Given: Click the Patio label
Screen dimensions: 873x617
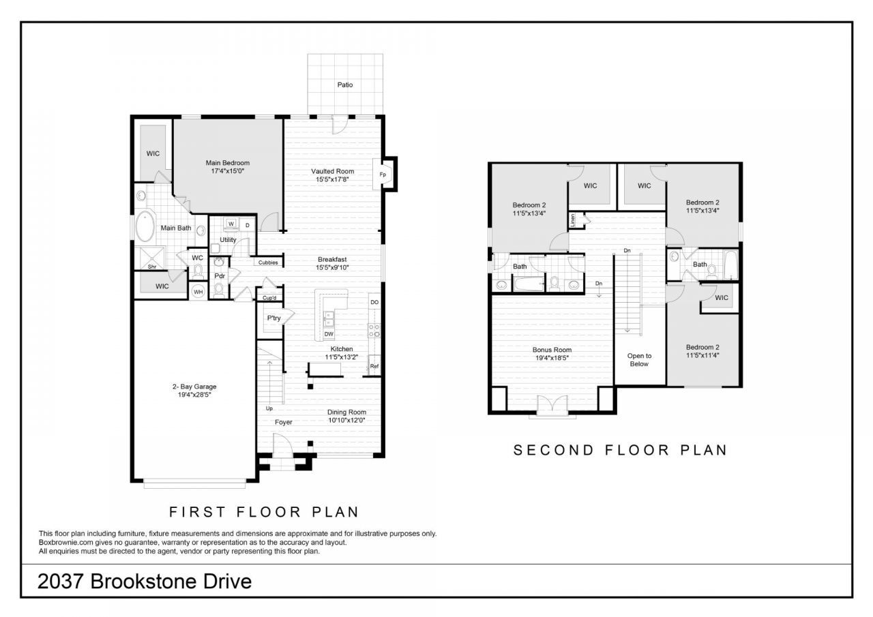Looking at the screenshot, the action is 345,85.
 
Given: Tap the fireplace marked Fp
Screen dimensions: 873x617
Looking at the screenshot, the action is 383,174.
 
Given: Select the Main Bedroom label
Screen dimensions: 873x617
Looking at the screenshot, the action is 228,163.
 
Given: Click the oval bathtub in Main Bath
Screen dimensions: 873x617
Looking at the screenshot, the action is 145,226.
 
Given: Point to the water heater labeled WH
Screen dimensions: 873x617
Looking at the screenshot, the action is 198,292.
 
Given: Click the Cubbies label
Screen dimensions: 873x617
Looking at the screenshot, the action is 268,262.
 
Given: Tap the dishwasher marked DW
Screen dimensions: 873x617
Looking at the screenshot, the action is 329,334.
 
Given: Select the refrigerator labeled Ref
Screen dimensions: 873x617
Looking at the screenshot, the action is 374,365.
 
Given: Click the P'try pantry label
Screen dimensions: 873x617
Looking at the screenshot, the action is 273,318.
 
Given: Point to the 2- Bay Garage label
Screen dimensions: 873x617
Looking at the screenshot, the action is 194,387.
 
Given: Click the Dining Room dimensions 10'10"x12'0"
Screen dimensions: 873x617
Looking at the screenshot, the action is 346,420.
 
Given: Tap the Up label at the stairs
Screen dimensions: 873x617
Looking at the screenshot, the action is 269,408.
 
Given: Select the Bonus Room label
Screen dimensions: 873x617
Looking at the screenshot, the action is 552,350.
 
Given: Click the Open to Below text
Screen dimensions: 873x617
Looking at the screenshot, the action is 639,360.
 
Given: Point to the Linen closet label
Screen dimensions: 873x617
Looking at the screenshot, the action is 572,220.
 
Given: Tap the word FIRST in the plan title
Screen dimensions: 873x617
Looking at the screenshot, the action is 197,512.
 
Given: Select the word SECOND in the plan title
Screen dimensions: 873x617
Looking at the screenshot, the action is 553,450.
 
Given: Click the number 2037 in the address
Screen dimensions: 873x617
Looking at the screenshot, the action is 61,582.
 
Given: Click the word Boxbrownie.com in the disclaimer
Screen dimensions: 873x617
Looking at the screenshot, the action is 65,542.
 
